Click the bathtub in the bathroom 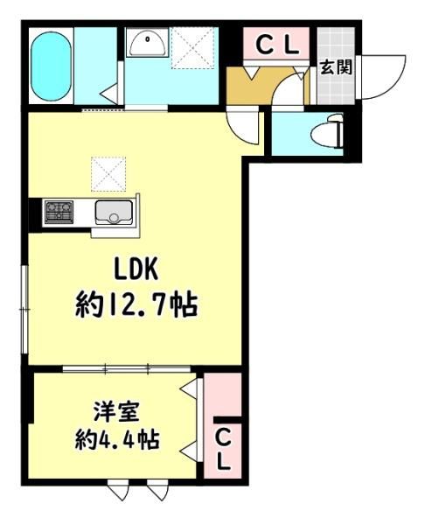click(52, 66)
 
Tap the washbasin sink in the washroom click(147, 43)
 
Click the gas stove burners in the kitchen click(59, 212)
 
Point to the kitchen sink click(114, 213)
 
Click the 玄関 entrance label click(336, 67)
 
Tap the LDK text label click(136, 269)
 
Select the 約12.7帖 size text click(136, 304)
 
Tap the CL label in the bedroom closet click(222, 449)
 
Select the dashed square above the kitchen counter click(108, 174)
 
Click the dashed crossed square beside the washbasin click(192, 48)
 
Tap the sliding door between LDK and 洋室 click(127, 369)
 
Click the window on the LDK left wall click(24, 310)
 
